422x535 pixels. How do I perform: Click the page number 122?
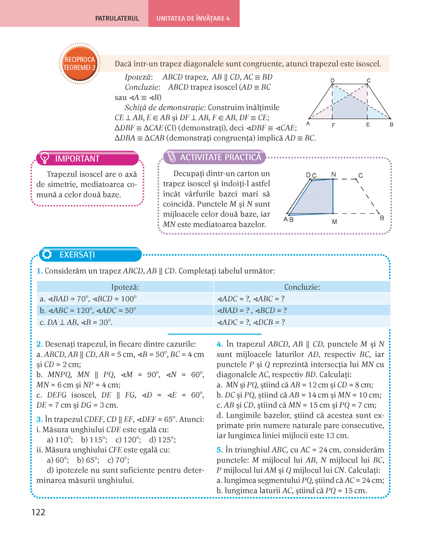[38, 512]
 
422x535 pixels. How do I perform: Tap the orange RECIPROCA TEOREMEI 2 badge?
[80, 63]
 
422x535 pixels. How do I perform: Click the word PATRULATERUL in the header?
[117, 19]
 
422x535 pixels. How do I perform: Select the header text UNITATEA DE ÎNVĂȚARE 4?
[193, 19]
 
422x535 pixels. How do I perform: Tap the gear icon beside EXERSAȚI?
[47, 254]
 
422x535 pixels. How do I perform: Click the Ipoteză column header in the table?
[125, 287]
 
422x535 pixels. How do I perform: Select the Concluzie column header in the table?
[302, 287]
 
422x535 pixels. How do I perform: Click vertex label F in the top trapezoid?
[333, 125]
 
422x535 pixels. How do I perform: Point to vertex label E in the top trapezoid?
[368, 124]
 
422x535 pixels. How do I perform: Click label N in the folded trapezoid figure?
[333, 174]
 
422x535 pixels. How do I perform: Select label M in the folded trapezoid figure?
[334, 222]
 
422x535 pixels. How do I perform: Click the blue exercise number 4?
[219, 344]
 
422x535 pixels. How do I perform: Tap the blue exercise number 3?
[39, 420]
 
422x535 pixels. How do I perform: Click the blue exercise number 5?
[219, 450]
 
